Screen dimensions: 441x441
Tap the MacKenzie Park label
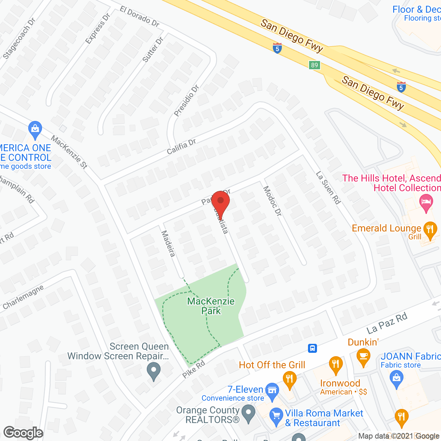click(211, 306)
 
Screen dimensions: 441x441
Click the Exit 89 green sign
click(314, 65)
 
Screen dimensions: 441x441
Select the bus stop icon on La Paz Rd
click(312, 348)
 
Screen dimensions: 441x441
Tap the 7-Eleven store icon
click(272, 391)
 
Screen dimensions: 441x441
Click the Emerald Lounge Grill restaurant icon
click(430, 229)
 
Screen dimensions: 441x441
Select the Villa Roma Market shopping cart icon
click(276, 416)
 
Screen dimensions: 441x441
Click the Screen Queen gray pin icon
click(154, 371)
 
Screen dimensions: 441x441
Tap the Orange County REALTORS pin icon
click(248, 413)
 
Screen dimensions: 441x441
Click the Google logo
click(23, 433)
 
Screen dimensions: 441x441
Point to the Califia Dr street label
click(181, 147)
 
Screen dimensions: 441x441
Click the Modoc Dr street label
click(273, 201)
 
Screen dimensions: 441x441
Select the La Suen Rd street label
click(328, 188)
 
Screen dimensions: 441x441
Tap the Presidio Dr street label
click(186, 101)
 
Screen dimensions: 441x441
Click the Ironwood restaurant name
click(340, 383)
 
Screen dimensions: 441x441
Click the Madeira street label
click(168, 244)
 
